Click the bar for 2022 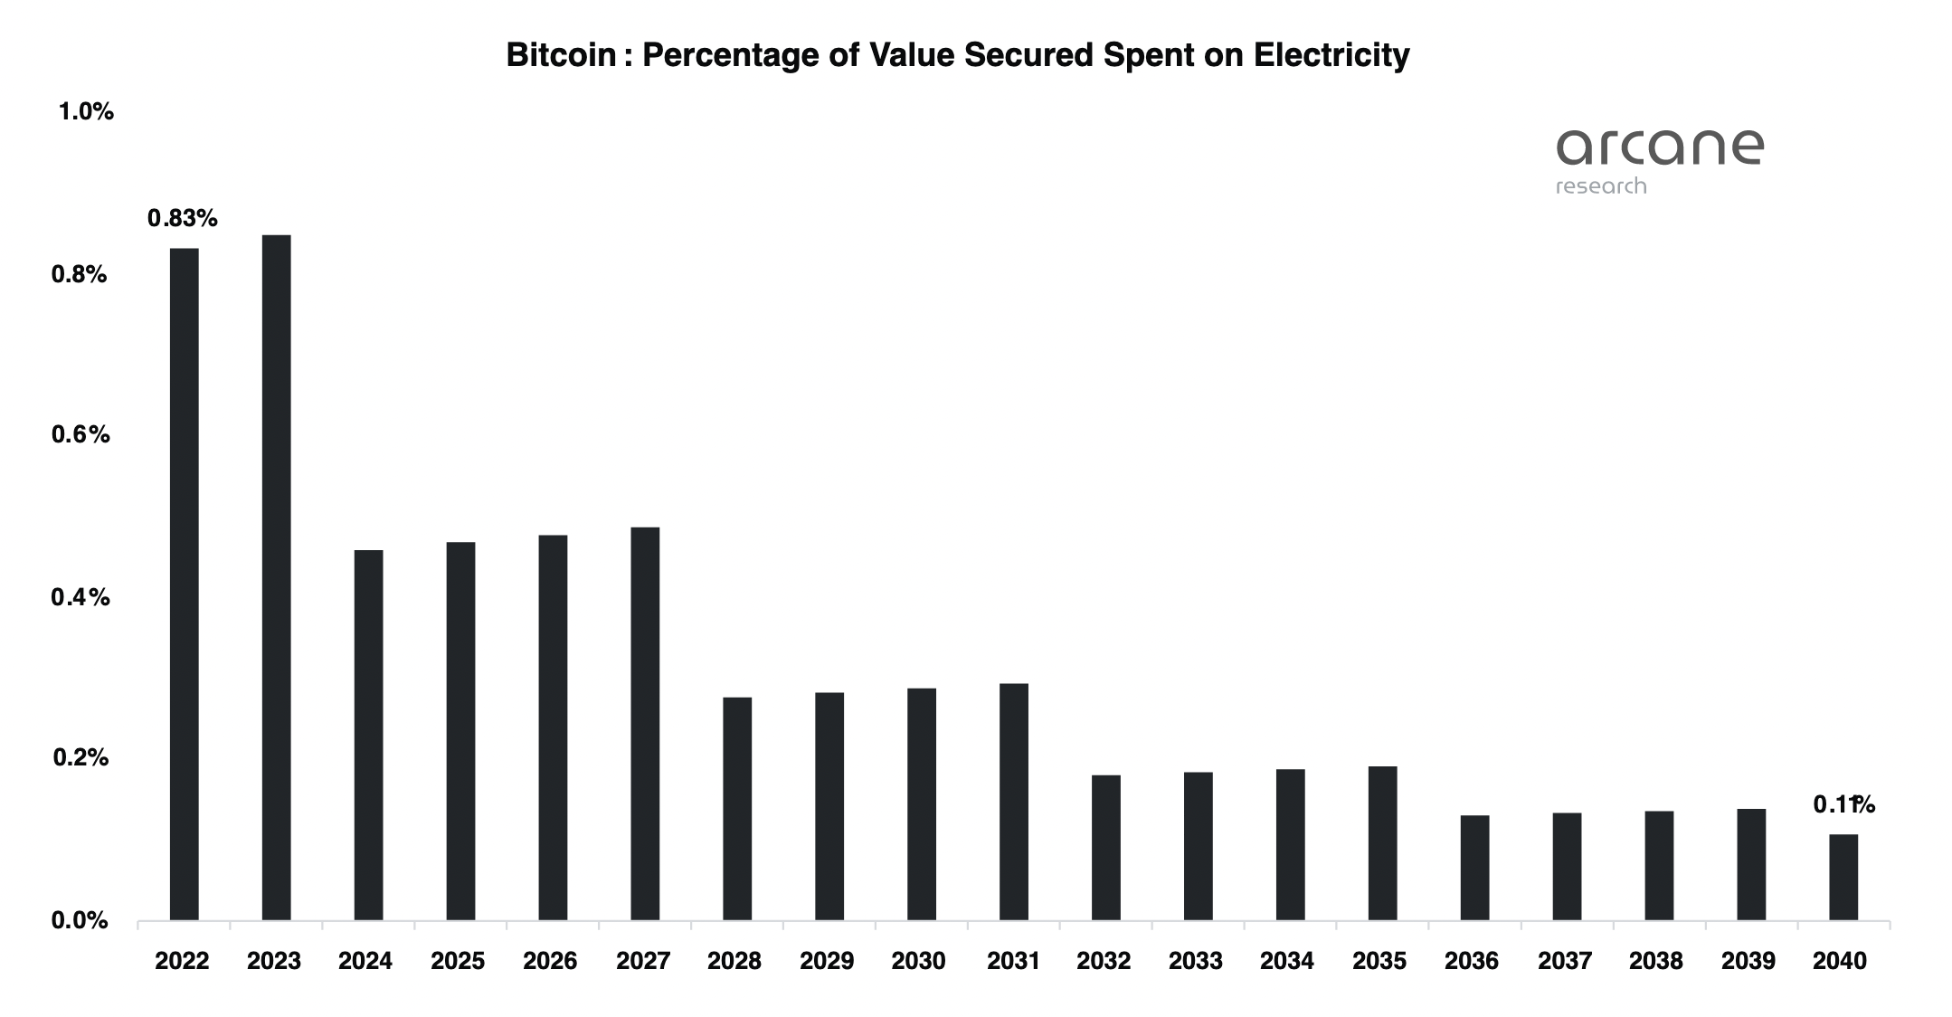click(184, 584)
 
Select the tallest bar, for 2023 click(276, 577)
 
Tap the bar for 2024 click(368, 735)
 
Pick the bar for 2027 click(645, 724)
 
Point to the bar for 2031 click(1014, 802)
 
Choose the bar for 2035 click(1382, 843)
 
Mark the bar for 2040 click(1843, 877)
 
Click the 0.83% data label click(183, 218)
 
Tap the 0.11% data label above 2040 click(1843, 804)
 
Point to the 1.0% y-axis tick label click(86, 112)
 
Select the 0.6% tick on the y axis click(81, 435)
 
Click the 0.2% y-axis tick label click(81, 758)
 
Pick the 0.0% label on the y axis click(80, 921)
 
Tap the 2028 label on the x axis click(734, 961)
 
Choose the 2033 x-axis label click(1195, 961)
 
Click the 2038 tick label click(1655, 961)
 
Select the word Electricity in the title click(1331, 55)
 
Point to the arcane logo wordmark click(1660, 147)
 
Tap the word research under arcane click(1601, 186)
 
